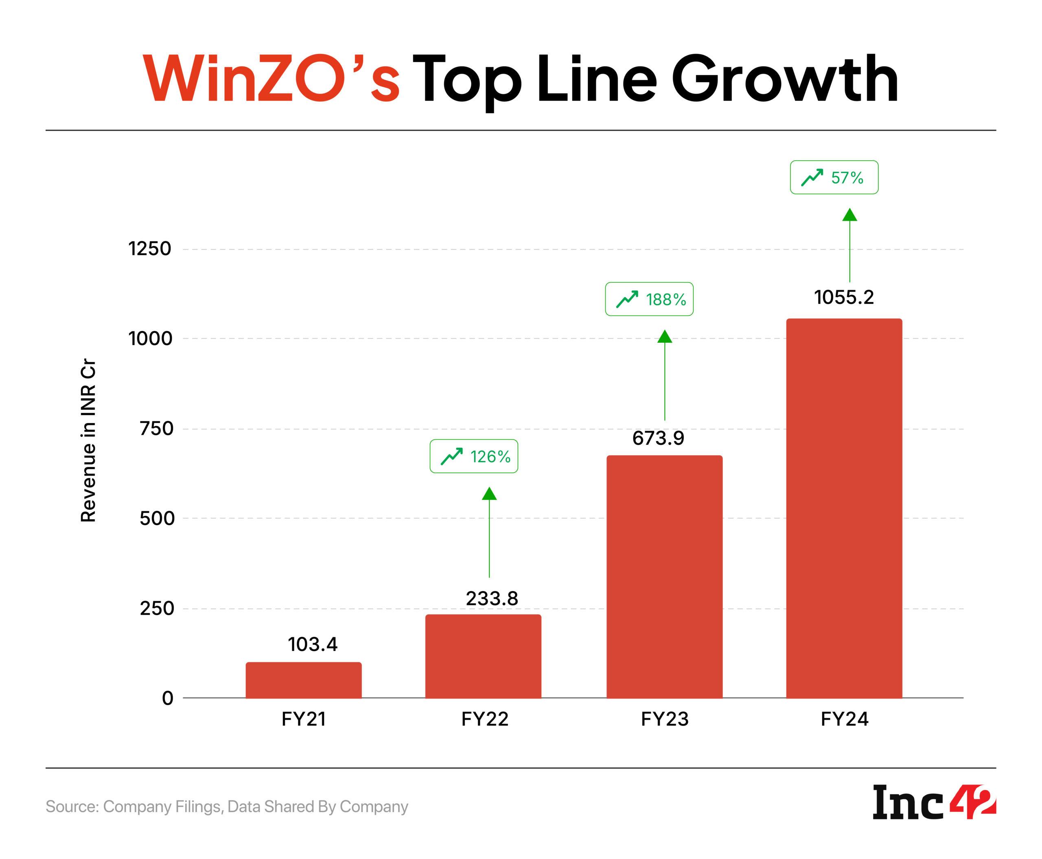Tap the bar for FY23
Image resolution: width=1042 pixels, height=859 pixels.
pyautogui.click(x=664, y=576)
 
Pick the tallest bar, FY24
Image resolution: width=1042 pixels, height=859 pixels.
pyautogui.click(x=844, y=508)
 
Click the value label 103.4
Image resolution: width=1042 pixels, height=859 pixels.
pyautogui.click(x=312, y=644)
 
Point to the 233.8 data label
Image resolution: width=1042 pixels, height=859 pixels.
pyautogui.click(x=491, y=599)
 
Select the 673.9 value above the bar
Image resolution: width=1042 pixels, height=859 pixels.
pyautogui.click(x=658, y=438)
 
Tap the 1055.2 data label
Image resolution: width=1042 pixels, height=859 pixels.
pyautogui.click(x=844, y=297)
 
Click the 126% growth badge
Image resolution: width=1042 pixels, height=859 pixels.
pyautogui.click(x=473, y=456)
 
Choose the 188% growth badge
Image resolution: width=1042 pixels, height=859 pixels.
pyautogui.click(x=649, y=299)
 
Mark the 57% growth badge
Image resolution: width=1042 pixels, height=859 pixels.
pyautogui.click(x=834, y=177)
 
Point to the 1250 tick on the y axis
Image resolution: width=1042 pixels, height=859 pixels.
pyautogui.click(x=149, y=248)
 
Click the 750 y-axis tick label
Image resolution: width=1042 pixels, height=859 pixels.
pyautogui.click(x=156, y=429)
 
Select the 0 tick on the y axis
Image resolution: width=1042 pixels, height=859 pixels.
pyautogui.click(x=168, y=698)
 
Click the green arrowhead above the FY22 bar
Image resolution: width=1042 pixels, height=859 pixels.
pyautogui.click(x=489, y=493)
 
